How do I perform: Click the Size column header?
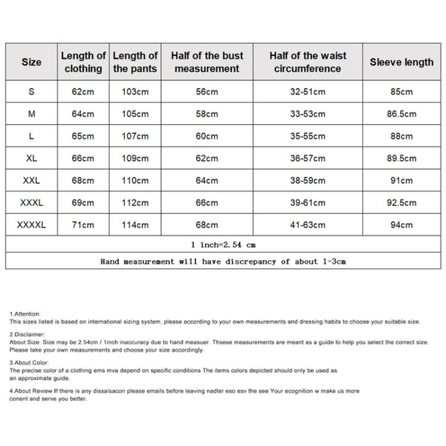[x=32, y=62]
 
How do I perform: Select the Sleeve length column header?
[x=401, y=62]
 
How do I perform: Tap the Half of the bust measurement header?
[x=207, y=62]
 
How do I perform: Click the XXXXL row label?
[x=32, y=225]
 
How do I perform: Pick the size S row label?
[x=32, y=92]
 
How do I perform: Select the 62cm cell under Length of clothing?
[x=83, y=92]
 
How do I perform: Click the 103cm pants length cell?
[x=135, y=92]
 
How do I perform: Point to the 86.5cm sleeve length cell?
[x=401, y=114]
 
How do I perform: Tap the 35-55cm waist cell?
[x=307, y=136]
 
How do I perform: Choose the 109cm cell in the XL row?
[x=135, y=158]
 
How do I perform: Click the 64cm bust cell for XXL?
[x=207, y=180]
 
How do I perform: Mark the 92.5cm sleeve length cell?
[x=401, y=203]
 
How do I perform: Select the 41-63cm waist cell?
[x=307, y=225]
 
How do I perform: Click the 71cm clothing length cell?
[x=83, y=225]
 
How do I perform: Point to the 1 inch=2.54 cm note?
[x=223, y=244]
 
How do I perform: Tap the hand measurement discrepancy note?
[x=223, y=261]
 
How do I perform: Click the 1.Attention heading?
[x=25, y=313]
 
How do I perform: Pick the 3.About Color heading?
[x=29, y=362]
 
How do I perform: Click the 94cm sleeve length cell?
[x=401, y=225]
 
